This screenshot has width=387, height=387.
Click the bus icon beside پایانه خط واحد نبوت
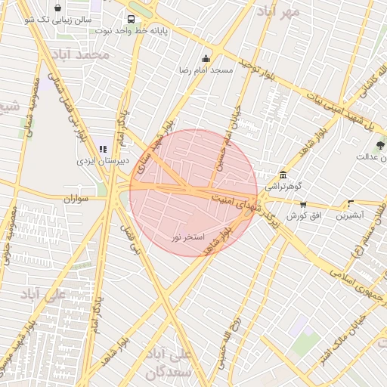click(x=132, y=19)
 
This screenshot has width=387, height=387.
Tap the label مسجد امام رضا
click(x=205, y=70)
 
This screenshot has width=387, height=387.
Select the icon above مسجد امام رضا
click(x=206, y=59)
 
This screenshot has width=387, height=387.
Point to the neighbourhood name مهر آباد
click(x=277, y=11)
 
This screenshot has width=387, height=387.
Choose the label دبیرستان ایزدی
click(x=107, y=161)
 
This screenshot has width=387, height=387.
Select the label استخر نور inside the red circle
click(x=187, y=237)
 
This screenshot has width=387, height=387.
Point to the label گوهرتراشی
click(x=283, y=186)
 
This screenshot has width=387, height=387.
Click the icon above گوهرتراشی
click(x=283, y=175)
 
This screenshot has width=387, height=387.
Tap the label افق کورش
click(x=305, y=216)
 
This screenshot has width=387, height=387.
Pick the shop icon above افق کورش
click(x=303, y=204)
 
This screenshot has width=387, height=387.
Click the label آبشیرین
click(x=351, y=215)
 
